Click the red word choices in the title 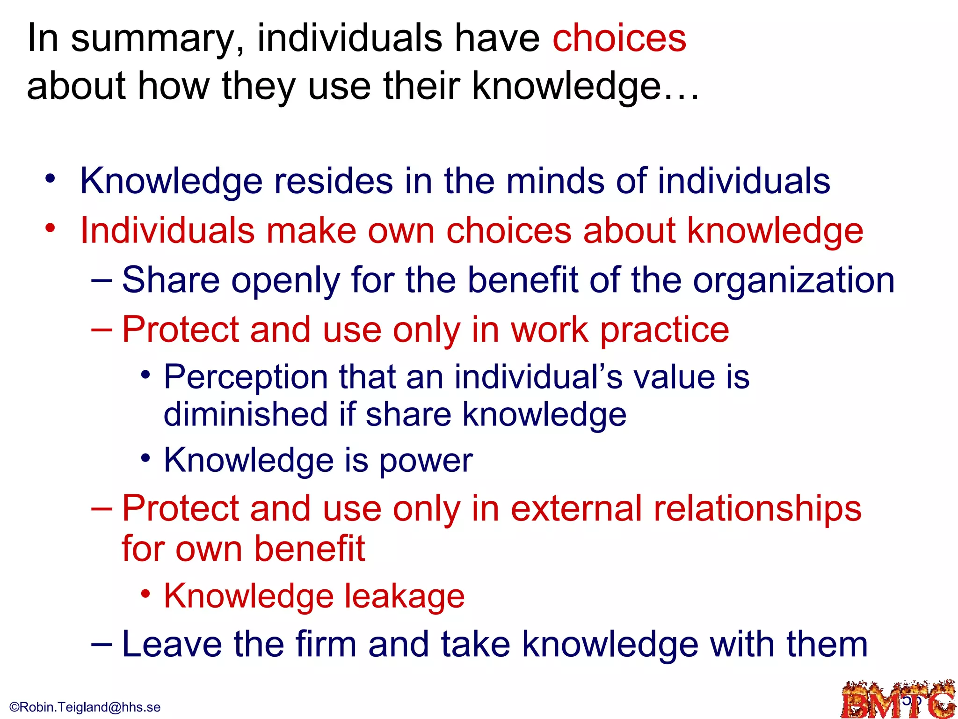(619, 38)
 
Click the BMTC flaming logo (898, 699)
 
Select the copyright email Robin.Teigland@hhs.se (85, 707)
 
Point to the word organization (793, 281)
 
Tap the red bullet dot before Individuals (51, 228)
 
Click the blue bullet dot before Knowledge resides (51, 179)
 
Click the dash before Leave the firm (102, 644)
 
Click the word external (576, 509)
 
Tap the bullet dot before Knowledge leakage (146, 594)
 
